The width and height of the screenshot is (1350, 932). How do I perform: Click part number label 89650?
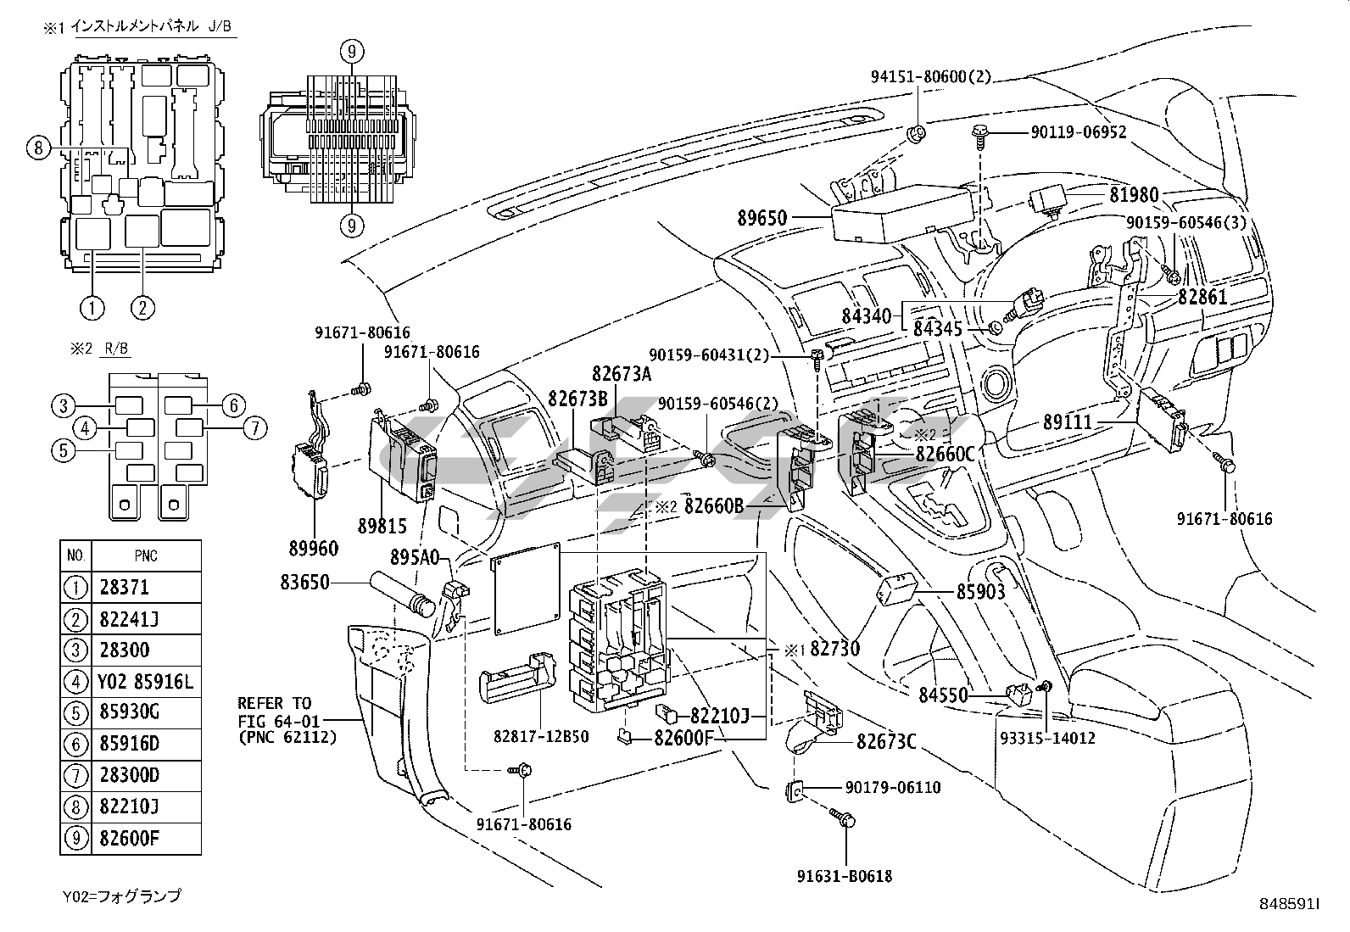click(x=762, y=218)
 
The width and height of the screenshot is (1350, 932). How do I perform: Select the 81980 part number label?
click(x=1134, y=195)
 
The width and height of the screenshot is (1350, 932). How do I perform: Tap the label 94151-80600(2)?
click(x=930, y=77)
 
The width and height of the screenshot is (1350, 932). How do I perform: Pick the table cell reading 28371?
click(x=124, y=588)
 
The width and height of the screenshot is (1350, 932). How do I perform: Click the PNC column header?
click(x=145, y=556)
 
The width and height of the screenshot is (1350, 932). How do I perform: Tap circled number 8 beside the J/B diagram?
click(x=36, y=148)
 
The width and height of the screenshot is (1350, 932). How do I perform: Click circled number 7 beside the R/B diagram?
click(x=254, y=428)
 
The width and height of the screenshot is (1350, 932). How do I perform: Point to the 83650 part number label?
click(x=305, y=583)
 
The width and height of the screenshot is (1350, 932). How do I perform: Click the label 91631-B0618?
click(x=845, y=876)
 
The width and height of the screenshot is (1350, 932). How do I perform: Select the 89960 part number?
click(x=312, y=549)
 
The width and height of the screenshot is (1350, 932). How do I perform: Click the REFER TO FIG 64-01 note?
click(x=287, y=720)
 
